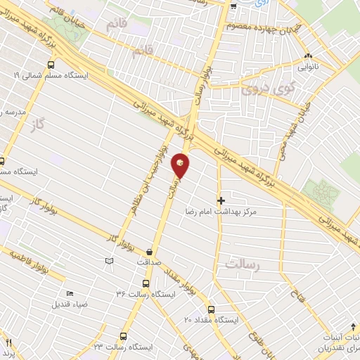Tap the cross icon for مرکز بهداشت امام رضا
pyautogui.click(x=221, y=200)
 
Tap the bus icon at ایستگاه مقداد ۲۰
pyautogui.click(x=212, y=309)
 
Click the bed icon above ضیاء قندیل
pyautogui.click(x=69, y=294)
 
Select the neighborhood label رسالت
pyautogui.click(x=243, y=264)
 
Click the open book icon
pyautogui.click(x=108, y=262)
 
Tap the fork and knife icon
pyautogui.click(x=9, y=344)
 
